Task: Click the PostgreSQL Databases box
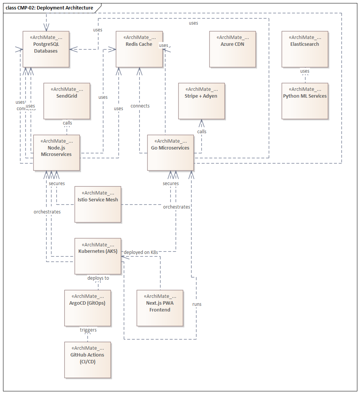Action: [x=46, y=49]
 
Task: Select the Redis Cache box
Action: [x=139, y=49]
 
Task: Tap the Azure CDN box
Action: [x=232, y=49]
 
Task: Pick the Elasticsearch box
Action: [x=305, y=49]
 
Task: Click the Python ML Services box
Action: [x=305, y=101]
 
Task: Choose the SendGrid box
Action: [x=67, y=101]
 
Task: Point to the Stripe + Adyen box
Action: [x=201, y=101]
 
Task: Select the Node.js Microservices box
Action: [x=56, y=153]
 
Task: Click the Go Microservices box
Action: [x=170, y=153]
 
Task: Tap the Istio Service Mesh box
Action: [x=98, y=204]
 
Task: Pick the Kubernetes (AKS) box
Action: [x=98, y=256]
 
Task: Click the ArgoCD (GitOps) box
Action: [x=87, y=308]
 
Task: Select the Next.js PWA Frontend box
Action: [x=160, y=308]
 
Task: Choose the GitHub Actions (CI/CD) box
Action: [x=87, y=360]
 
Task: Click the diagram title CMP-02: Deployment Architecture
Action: [x=50, y=8]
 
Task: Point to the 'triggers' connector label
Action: [x=88, y=330]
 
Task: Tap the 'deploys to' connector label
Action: [x=98, y=278]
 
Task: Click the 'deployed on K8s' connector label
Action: [x=141, y=252]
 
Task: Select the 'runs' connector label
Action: [x=197, y=304]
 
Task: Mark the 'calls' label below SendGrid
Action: [x=67, y=123]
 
